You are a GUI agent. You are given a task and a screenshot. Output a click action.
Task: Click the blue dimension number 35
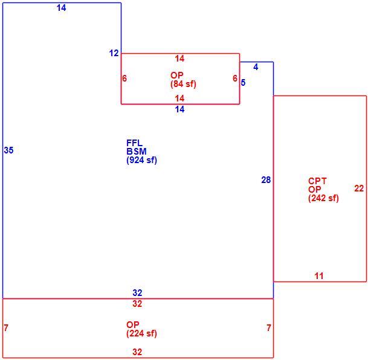coord(8,150)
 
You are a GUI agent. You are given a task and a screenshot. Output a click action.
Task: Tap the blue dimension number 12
coord(114,53)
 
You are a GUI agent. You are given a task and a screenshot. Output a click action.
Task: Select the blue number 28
coord(266,180)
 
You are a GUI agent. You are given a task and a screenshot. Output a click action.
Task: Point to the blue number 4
coord(256,67)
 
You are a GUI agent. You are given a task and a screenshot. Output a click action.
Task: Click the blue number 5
coord(243,83)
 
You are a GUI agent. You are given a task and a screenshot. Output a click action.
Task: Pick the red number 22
coord(359,188)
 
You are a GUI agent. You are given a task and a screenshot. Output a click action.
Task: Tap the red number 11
coord(319,276)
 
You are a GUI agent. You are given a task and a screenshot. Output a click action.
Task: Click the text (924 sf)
coord(142,160)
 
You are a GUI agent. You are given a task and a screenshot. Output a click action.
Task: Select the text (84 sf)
coord(183,84)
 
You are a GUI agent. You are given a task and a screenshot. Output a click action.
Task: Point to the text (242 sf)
coord(324,198)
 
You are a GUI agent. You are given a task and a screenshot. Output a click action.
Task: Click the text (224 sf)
coord(142,333)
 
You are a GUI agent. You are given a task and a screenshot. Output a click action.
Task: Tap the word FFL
coord(135,143)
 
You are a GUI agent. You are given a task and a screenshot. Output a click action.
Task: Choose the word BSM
coord(137,151)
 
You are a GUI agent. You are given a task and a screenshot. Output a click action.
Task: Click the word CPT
coord(317,181)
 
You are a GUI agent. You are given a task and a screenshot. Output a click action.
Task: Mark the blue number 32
coord(137,293)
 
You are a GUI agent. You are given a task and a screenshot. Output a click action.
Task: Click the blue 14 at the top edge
coord(61,8)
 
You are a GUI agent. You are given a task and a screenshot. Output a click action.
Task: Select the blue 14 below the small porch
coord(180,109)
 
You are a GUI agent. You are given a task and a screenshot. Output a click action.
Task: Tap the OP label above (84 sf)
coord(177,76)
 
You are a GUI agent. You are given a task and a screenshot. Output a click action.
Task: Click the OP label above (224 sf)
coord(133,325)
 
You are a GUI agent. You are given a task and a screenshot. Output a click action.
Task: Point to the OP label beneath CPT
coord(315,190)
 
